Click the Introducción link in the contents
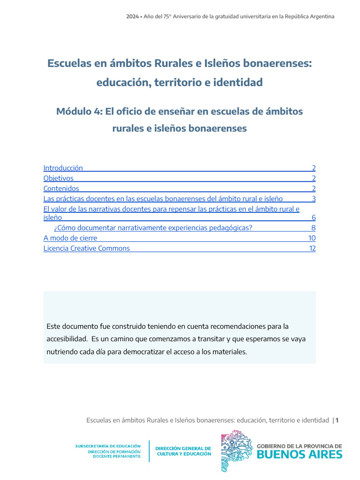(x=63, y=168)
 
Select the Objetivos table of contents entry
(x=59, y=178)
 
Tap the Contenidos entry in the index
(x=61, y=188)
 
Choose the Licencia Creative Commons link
(x=87, y=248)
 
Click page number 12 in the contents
(x=312, y=248)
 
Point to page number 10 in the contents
(x=312, y=238)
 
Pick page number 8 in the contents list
(x=314, y=228)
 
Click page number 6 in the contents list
(x=314, y=217)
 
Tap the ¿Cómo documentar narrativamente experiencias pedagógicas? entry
(x=153, y=228)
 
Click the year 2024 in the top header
(x=132, y=16)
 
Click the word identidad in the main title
(x=237, y=82)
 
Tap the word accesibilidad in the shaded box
(x=67, y=338)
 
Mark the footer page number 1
(x=337, y=420)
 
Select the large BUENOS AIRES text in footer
(x=300, y=455)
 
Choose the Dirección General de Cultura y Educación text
(x=183, y=451)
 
